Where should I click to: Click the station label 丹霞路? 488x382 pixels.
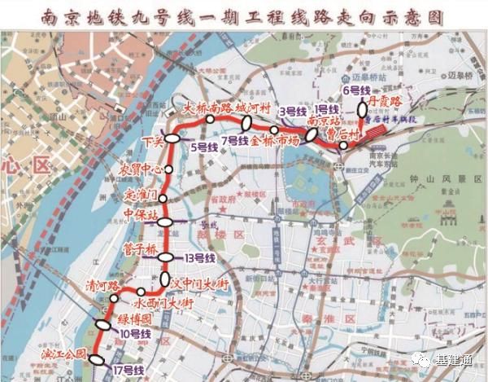click(385, 102)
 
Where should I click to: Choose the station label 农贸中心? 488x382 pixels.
click(143, 170)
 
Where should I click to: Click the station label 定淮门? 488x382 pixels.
click(143, 195)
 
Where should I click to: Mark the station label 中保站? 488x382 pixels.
click(139, 216)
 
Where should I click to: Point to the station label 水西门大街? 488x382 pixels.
click(167, 302)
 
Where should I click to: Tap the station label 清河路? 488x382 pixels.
click(102, 287)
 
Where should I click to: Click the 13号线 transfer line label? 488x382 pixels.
click(199, 258)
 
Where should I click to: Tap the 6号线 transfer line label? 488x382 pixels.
click(356, 90)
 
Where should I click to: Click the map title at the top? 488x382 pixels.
click(244, 15)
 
